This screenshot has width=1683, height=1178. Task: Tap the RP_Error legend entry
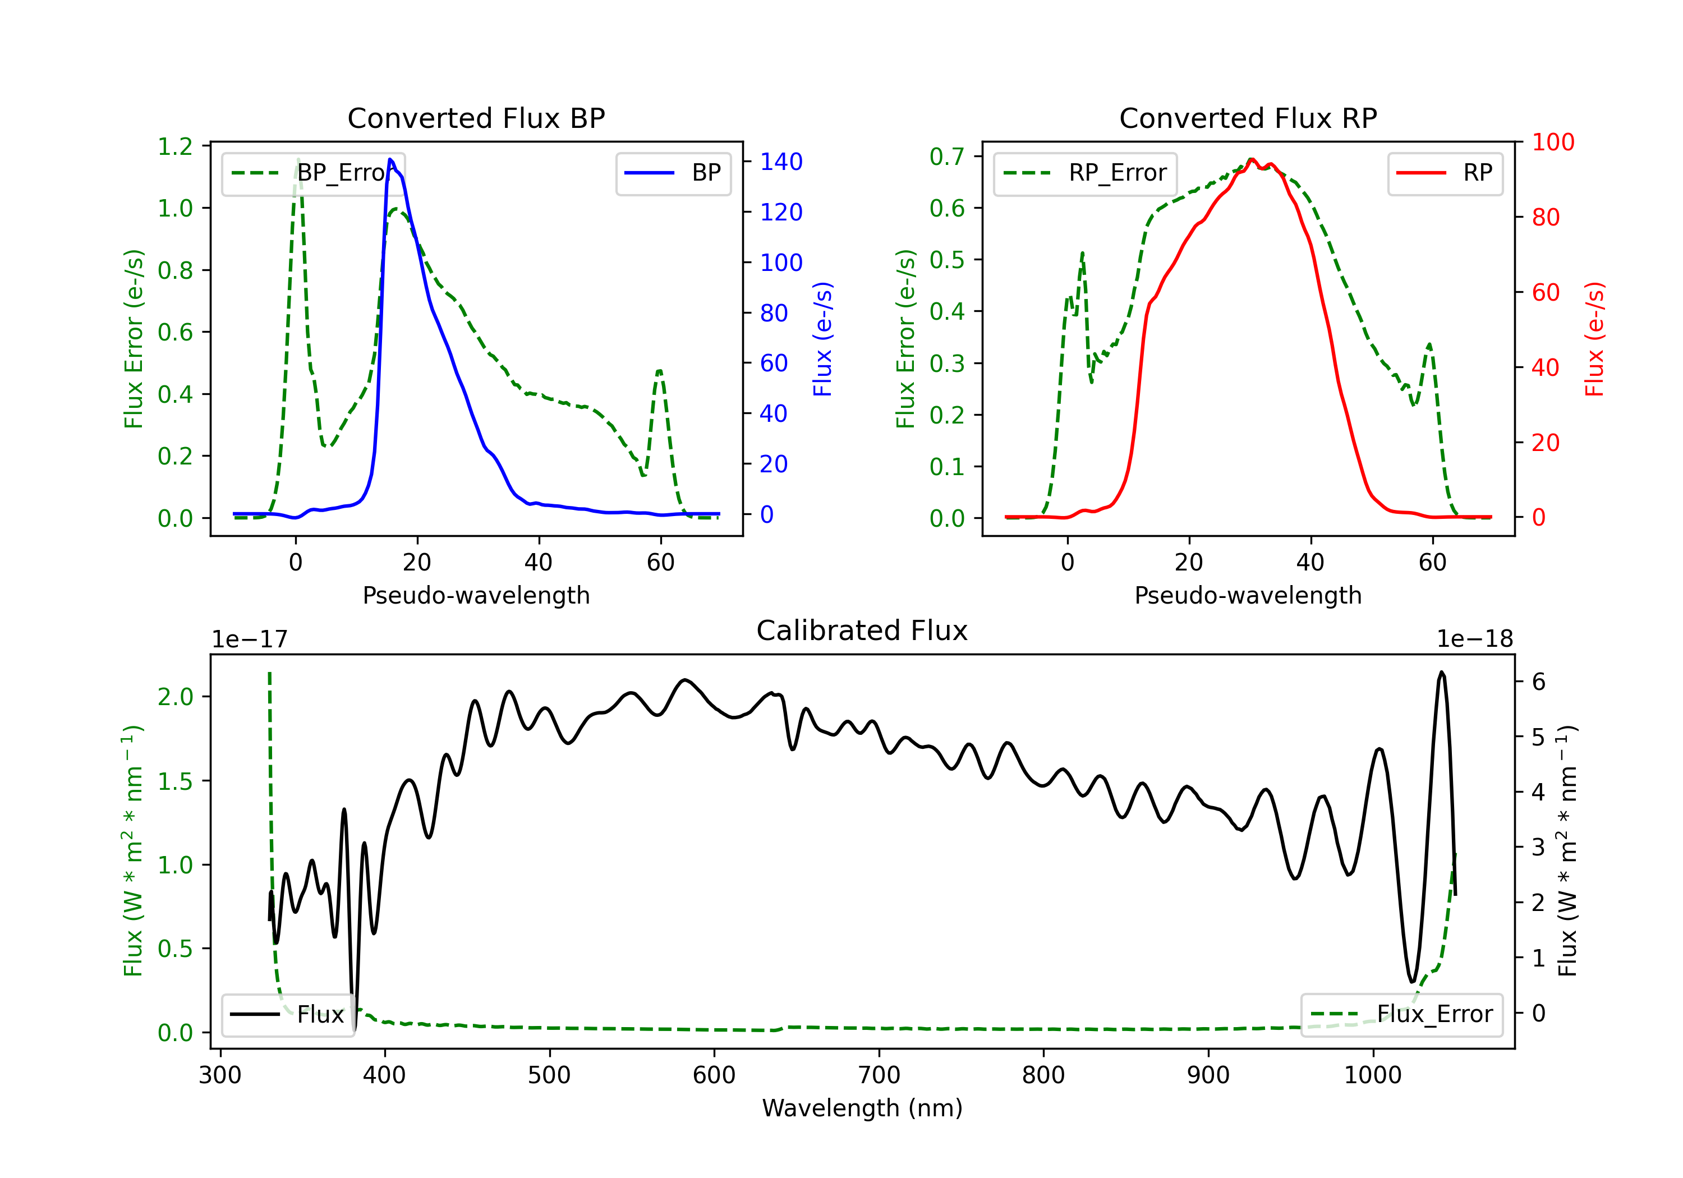click(1085, 173)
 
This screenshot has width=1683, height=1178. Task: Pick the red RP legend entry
click(1445, 173)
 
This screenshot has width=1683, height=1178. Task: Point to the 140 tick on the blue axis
click(781, 162)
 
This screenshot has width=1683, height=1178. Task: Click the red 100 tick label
click(1552, 142)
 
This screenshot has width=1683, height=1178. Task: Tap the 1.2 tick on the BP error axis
click(175, 146)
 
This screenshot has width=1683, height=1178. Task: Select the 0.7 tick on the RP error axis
click(946, 156)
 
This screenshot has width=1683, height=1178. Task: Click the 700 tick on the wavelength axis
click(879, 1075)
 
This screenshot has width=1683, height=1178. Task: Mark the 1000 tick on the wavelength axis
click(1372, 1075)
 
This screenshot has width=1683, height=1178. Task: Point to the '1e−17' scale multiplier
click(249, 639)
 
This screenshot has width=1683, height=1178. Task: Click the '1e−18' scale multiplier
click(1475, 639)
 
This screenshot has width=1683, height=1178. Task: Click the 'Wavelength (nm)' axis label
click(862, 1108)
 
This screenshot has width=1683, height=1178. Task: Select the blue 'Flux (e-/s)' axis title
click(822, 339)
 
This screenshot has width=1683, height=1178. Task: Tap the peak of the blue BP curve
click(390, 159)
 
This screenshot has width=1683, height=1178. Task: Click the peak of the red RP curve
click(1251, 160)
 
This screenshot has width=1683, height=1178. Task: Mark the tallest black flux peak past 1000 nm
click(1441, 672)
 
